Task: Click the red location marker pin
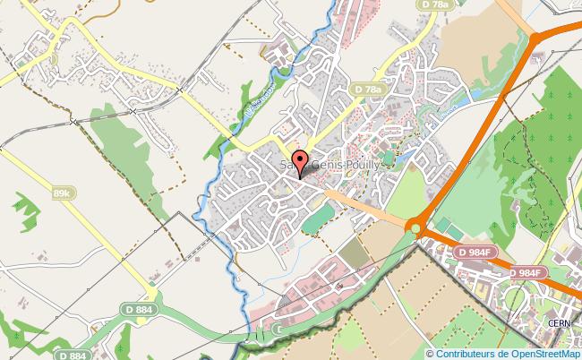(x=300, y=166)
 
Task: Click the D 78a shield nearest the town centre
(x=367, y=90)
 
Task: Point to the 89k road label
(x=62, y=193)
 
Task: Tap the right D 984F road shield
(x=529, y=272)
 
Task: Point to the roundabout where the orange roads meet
(x=415, y=227)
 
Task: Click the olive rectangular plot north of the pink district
(x=355, y=255)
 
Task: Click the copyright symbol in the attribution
(x=431, y=354)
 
